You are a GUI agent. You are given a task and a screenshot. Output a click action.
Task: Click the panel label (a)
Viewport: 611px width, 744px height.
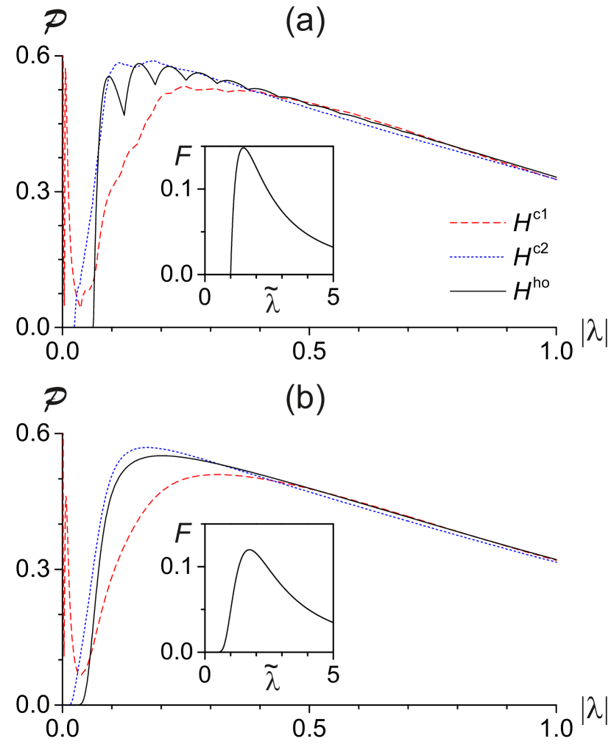tap(305, 24)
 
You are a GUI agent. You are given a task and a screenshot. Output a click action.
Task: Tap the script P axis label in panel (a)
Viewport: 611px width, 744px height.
tap(54, 24)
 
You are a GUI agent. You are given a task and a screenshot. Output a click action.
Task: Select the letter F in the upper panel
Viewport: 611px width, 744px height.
tap(183, 156)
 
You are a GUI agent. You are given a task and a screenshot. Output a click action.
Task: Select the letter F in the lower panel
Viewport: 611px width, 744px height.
tap(183, 533)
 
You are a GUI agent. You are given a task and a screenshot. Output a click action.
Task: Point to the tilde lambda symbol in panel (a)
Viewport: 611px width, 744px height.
tap(272, 302)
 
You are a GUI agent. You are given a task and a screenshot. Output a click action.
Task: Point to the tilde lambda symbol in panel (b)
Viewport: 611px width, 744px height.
tap(272, 679)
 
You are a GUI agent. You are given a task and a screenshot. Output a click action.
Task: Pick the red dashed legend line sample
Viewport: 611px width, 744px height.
tap(477, 222)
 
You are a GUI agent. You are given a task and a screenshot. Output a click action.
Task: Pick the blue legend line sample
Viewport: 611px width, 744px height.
tap(476, 257)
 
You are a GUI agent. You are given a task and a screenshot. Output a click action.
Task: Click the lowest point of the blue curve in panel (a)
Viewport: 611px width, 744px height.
tap(74, 325)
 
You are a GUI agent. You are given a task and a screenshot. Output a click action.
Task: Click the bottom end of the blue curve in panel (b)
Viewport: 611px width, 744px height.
tap(71, 704)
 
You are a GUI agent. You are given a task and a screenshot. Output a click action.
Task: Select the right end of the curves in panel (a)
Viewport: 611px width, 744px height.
tap(555, 180)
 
